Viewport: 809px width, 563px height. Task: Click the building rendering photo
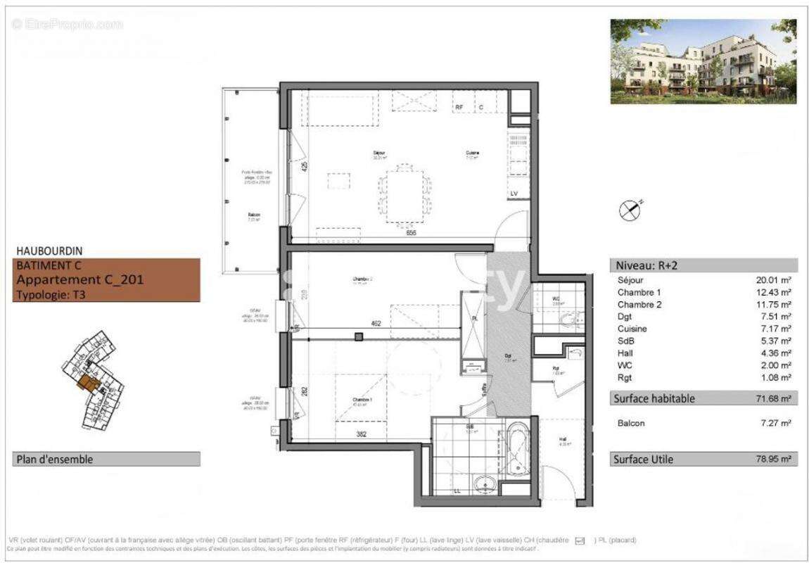703,61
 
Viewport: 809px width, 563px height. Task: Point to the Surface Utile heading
644,460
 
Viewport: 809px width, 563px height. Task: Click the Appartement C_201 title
79,279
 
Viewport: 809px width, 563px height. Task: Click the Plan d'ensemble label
54,460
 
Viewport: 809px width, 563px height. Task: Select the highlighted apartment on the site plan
88,382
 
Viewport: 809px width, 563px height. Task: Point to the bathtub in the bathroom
517,446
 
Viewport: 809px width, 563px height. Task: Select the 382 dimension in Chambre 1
362,435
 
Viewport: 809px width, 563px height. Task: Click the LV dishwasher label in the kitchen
514,193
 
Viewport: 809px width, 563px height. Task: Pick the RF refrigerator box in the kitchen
459,107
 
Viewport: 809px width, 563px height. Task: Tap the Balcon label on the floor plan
254,215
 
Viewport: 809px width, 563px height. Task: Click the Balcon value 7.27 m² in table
773,423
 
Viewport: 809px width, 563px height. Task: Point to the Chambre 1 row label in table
639,292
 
